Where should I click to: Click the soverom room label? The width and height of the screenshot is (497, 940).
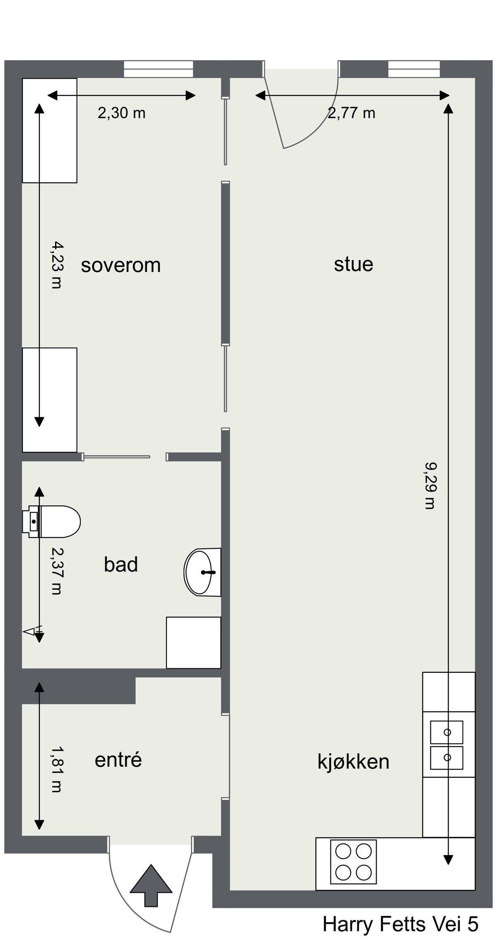coord(121,265)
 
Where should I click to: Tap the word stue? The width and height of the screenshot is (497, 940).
coord(353,264)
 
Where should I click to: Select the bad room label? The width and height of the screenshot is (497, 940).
coord(121,564)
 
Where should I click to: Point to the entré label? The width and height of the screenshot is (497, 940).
coord(118,760)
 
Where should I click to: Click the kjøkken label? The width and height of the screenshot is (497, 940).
coord(353,762)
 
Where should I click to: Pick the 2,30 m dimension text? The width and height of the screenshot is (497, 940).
coord(121,113)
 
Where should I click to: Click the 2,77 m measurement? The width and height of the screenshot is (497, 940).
coord(352,113)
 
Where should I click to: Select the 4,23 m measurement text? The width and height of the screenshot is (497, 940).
coord(56,265)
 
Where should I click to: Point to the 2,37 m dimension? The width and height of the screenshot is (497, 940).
coord(56,571)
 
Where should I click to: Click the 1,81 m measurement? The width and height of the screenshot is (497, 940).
coord(56,769)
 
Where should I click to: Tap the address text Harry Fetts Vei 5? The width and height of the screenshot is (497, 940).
coord(400,924)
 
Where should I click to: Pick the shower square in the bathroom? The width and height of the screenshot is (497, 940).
coord(193,643)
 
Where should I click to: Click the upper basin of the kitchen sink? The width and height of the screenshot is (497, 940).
coord(447,732)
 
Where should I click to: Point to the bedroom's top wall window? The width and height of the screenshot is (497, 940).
coord(159,69)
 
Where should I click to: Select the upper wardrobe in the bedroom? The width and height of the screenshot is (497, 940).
coord(49,131)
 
